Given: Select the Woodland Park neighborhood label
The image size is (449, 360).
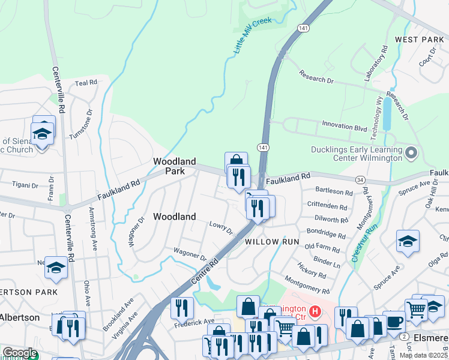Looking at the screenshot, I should [x=174, y=166].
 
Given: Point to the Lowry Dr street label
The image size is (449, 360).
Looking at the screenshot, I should [x=221, y=228].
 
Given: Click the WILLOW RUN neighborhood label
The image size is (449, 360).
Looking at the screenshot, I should [x=271, y=241].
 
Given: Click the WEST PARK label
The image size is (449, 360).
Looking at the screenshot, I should [x=419, y=40].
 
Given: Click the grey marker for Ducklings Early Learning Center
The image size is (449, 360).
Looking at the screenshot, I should [x=411, y=154].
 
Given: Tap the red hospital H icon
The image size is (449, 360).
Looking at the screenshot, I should [x=313, y=311].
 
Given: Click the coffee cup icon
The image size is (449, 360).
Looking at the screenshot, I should [x=393, y=320].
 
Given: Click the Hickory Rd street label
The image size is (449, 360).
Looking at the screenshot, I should [x=311, y=269].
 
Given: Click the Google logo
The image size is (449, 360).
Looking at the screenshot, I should [x=20, y=353].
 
